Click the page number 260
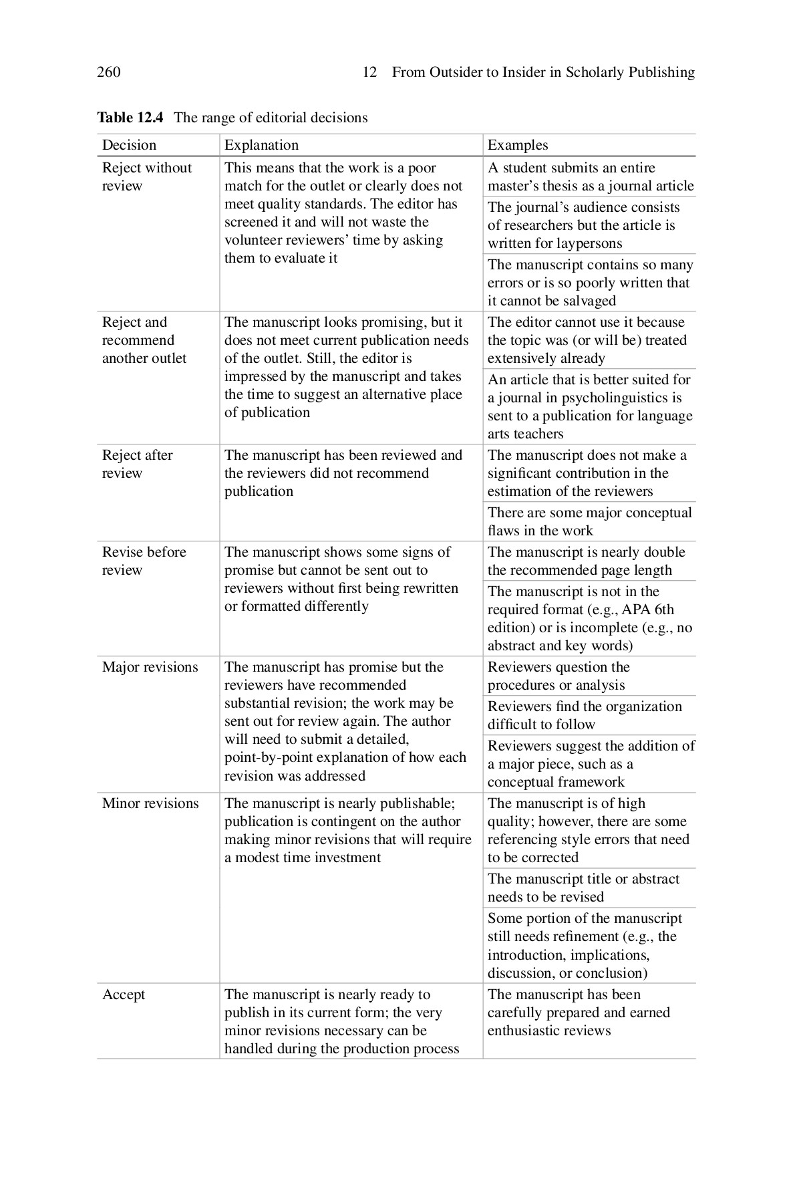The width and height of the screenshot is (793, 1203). point(109,72)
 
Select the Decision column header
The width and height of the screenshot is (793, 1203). point(129,145)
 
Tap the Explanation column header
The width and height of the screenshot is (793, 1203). point(261,145)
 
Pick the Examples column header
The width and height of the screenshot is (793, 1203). point(518,145)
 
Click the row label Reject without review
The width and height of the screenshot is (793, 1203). point(146,176)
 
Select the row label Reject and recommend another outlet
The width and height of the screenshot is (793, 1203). point(144,340)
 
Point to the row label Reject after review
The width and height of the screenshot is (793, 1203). point(137,464)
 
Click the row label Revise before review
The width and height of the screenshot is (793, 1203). point(144,561)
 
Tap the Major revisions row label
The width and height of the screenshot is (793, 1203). point(150,667)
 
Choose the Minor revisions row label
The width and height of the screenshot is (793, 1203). point(150,803)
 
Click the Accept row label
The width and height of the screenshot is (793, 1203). point(124,994)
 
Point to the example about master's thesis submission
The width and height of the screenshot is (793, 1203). point(590,176)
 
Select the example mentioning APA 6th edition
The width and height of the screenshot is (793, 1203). point(589,618)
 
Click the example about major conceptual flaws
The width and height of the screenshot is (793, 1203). point(589,521)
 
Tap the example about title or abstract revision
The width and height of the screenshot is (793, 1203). point(583,888)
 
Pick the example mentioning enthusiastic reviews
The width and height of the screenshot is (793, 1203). point(579,1013)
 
